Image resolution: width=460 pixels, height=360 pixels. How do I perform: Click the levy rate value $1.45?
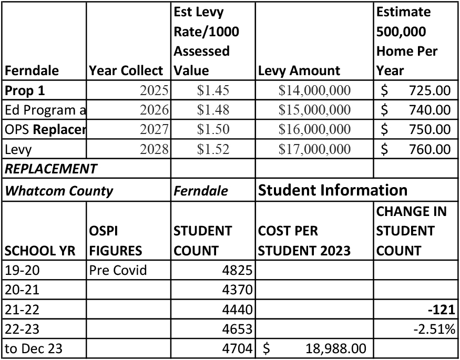(213, 90)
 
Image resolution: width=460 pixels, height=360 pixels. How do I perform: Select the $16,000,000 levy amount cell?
(314, 129)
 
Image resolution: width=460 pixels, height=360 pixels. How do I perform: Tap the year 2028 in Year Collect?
(154, 149)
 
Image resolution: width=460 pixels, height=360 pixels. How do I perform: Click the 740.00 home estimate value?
(430, 110)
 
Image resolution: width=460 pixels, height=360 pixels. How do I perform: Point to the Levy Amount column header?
(299, 71)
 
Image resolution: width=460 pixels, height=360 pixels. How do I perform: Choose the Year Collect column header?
(127, 71)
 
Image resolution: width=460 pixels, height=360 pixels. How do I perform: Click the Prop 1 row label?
(25, 90)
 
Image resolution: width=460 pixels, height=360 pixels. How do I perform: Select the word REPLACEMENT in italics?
(50, 169)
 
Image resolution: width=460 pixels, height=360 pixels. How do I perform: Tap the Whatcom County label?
(58, 190)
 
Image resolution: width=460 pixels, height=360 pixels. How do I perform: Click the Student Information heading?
(333, 190)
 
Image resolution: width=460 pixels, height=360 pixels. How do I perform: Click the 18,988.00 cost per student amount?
(335, 348)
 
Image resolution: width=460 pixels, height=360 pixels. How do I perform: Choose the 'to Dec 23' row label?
(34, 348)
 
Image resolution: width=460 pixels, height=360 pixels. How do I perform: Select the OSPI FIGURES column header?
(115, 241)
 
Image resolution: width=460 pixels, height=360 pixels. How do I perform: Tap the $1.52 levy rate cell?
(213, 149)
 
